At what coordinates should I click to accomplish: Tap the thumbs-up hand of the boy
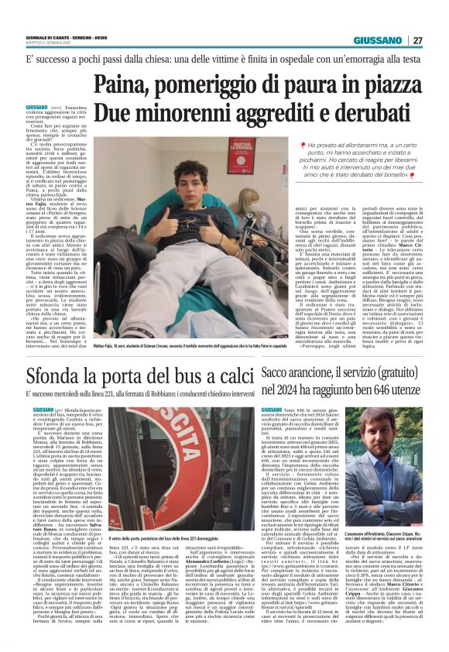(160, 225)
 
